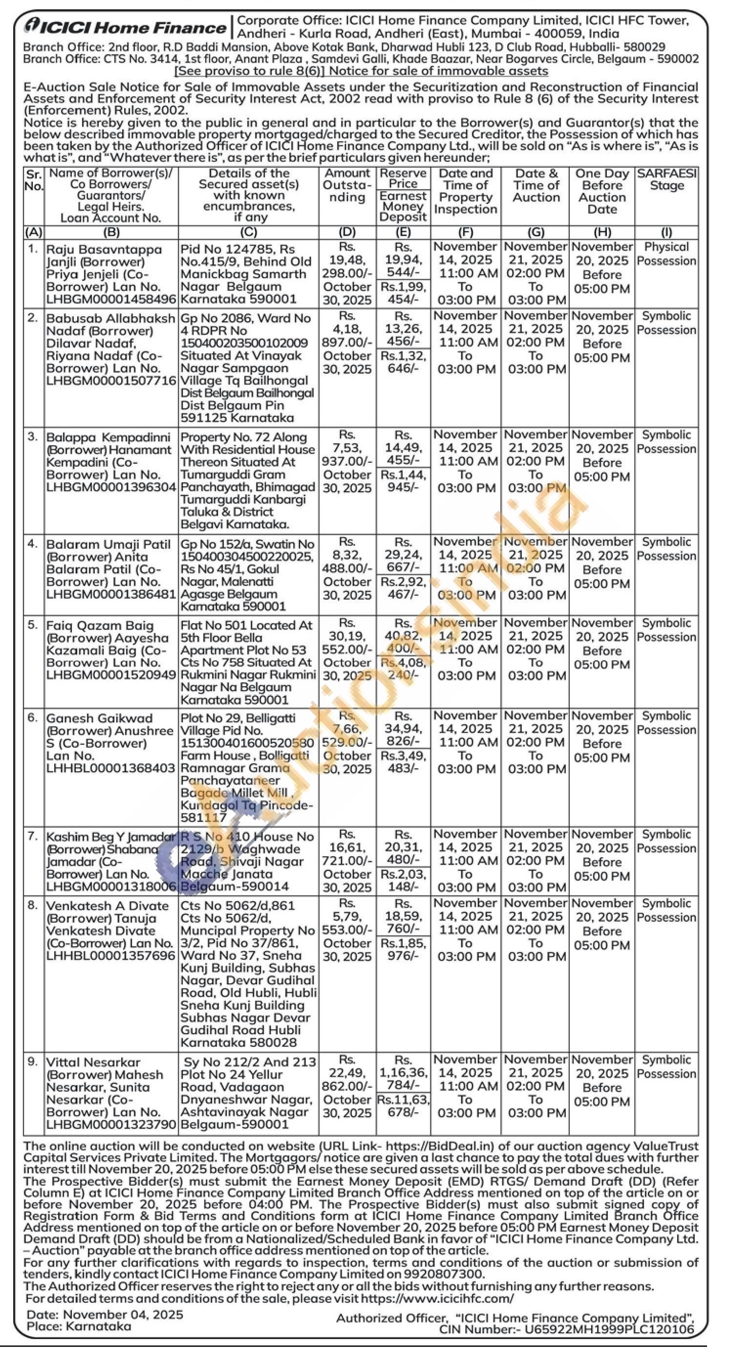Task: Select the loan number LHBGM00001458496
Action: [x=111, y=299]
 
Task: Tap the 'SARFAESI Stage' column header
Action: [x=666, y=179]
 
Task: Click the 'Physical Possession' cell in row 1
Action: [x=666, y=254]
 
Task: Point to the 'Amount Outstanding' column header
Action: [x=347, y=185]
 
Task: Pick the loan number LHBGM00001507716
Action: [x=111, y=381]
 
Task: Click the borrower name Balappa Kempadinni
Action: [x=108, y=437]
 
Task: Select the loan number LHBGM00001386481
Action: [x=111, y=594]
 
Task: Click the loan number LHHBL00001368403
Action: [x=111, y=768]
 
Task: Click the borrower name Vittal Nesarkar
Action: [x=93, y=1063]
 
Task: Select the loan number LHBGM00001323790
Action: [x=111, y=1124]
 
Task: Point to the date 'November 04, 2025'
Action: [x=123, y=1315]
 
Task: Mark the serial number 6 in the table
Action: [x=33, y=717]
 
